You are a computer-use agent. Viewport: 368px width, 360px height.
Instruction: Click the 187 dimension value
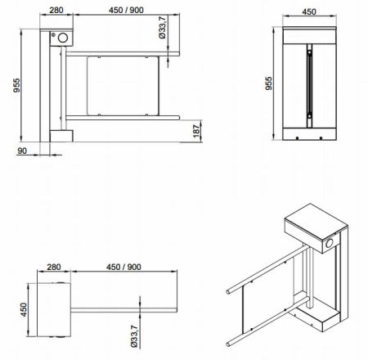[x=196, y=131]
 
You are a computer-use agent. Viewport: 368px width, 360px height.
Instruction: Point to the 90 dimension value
[x=22, y=151]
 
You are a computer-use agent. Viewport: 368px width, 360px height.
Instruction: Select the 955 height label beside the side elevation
[x=269, y=83]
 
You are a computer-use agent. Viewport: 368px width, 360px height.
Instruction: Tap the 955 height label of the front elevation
[x=16, y=85]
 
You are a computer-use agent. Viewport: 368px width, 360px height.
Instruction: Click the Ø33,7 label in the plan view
[x=134, y=336]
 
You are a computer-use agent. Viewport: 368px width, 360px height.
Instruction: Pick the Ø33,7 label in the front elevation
[x=163, y=27]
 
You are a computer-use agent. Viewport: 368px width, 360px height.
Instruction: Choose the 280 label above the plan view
[x=54, y=267]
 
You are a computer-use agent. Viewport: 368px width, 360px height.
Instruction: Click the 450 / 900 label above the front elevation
[x=126, y=10]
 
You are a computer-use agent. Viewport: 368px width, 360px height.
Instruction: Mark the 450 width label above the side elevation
[x=309, y=11]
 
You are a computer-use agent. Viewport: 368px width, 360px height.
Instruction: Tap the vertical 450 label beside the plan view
[x=25, y=309]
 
